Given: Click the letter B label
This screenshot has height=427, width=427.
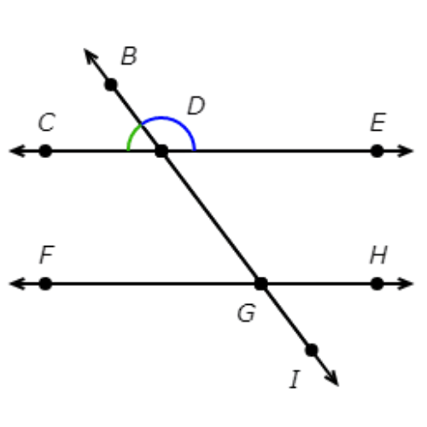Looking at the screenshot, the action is (x=129, y=56).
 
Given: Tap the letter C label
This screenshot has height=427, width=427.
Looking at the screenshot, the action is (x=47, y=122).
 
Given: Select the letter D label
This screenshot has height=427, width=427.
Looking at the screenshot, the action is (x=196, y=106).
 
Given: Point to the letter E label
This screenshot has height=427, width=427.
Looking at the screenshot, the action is (x=377, y=122).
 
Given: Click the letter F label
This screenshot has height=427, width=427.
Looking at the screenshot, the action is (x=47, y=254).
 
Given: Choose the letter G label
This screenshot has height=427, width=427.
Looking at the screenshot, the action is (x=247, y=313).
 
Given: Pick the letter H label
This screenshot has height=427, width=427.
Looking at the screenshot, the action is (x=378, y=254).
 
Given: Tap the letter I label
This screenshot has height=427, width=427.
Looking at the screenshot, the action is (x=295, y=379).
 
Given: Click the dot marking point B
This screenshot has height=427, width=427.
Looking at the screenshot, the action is (x=111, y=85).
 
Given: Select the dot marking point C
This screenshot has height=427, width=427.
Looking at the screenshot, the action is (x=45, y=151).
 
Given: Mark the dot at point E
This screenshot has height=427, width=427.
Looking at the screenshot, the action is (x=377, y=151).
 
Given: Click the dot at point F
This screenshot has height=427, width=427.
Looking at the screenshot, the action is (x=45, y=284).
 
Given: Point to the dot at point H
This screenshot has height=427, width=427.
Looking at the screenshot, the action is (x=377, y=284).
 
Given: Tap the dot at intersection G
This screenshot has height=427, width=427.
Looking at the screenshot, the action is (x=261, y=284).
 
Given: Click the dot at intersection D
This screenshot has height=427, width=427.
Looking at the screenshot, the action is (x=161, y=151).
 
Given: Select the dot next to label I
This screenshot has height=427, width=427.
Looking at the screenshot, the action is (x=311, y=350).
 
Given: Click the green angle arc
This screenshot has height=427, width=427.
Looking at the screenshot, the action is (x=132, y=134).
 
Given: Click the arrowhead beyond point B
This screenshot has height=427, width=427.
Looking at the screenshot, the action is (x=91, y=56).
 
